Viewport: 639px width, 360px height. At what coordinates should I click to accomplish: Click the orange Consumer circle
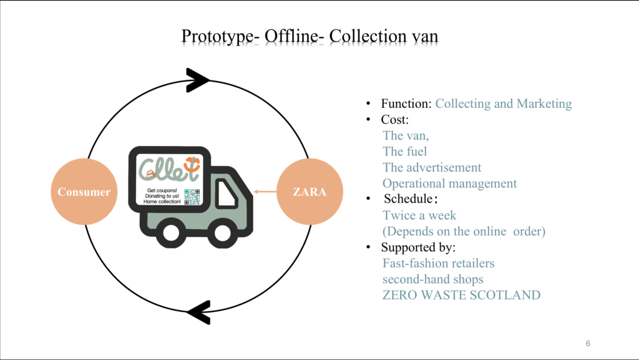coord(84,192)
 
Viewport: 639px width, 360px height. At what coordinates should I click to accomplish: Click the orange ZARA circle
coord(310,192)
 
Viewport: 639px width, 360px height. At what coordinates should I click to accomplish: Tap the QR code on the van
coord(192,197)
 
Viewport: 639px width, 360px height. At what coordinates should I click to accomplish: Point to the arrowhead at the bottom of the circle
coord(199,311)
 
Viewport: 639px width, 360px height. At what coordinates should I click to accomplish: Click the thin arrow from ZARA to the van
coord(265,192)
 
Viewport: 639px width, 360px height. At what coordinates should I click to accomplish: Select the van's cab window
coord(226,193)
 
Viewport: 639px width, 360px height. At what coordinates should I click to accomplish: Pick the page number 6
coord(588,343)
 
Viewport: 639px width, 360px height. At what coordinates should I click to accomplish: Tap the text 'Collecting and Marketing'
coord(503,104)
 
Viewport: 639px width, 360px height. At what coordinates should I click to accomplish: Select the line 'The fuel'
coord(404,151)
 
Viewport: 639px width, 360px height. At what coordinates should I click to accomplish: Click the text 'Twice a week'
coord(419,215)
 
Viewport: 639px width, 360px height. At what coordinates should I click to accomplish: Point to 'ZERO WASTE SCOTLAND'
coord(461,295)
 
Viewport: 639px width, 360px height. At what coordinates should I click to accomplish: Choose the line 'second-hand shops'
coord(433,279)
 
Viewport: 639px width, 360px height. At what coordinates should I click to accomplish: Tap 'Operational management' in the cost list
coord(449,183)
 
